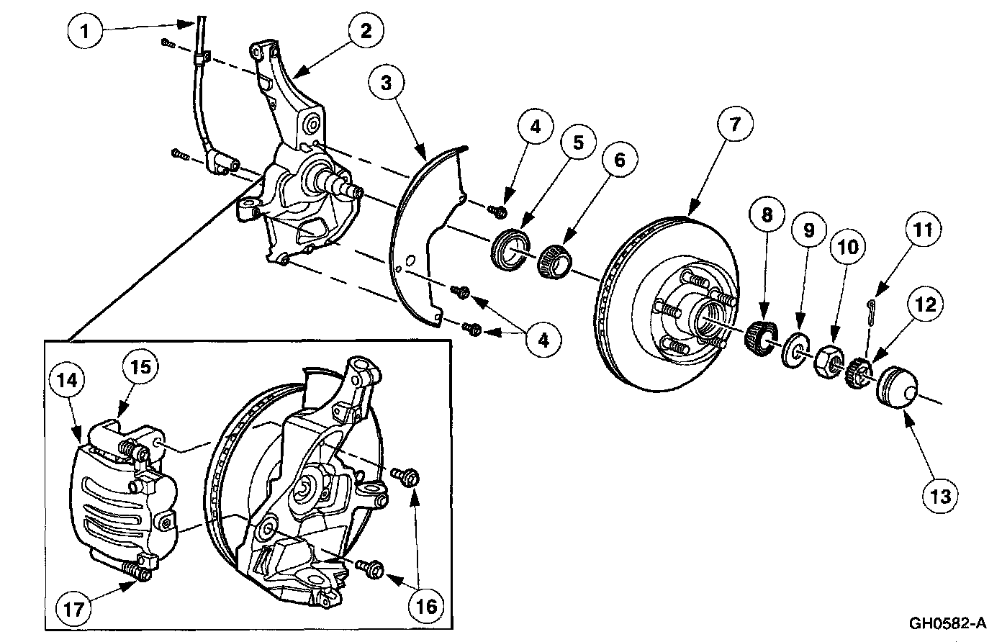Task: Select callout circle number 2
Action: point(366,31)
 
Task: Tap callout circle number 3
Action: point(387,83)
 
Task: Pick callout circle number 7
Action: point(734,125)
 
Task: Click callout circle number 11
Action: point(924,230)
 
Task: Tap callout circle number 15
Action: point(140,367)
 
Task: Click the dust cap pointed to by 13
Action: point(895,389)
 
